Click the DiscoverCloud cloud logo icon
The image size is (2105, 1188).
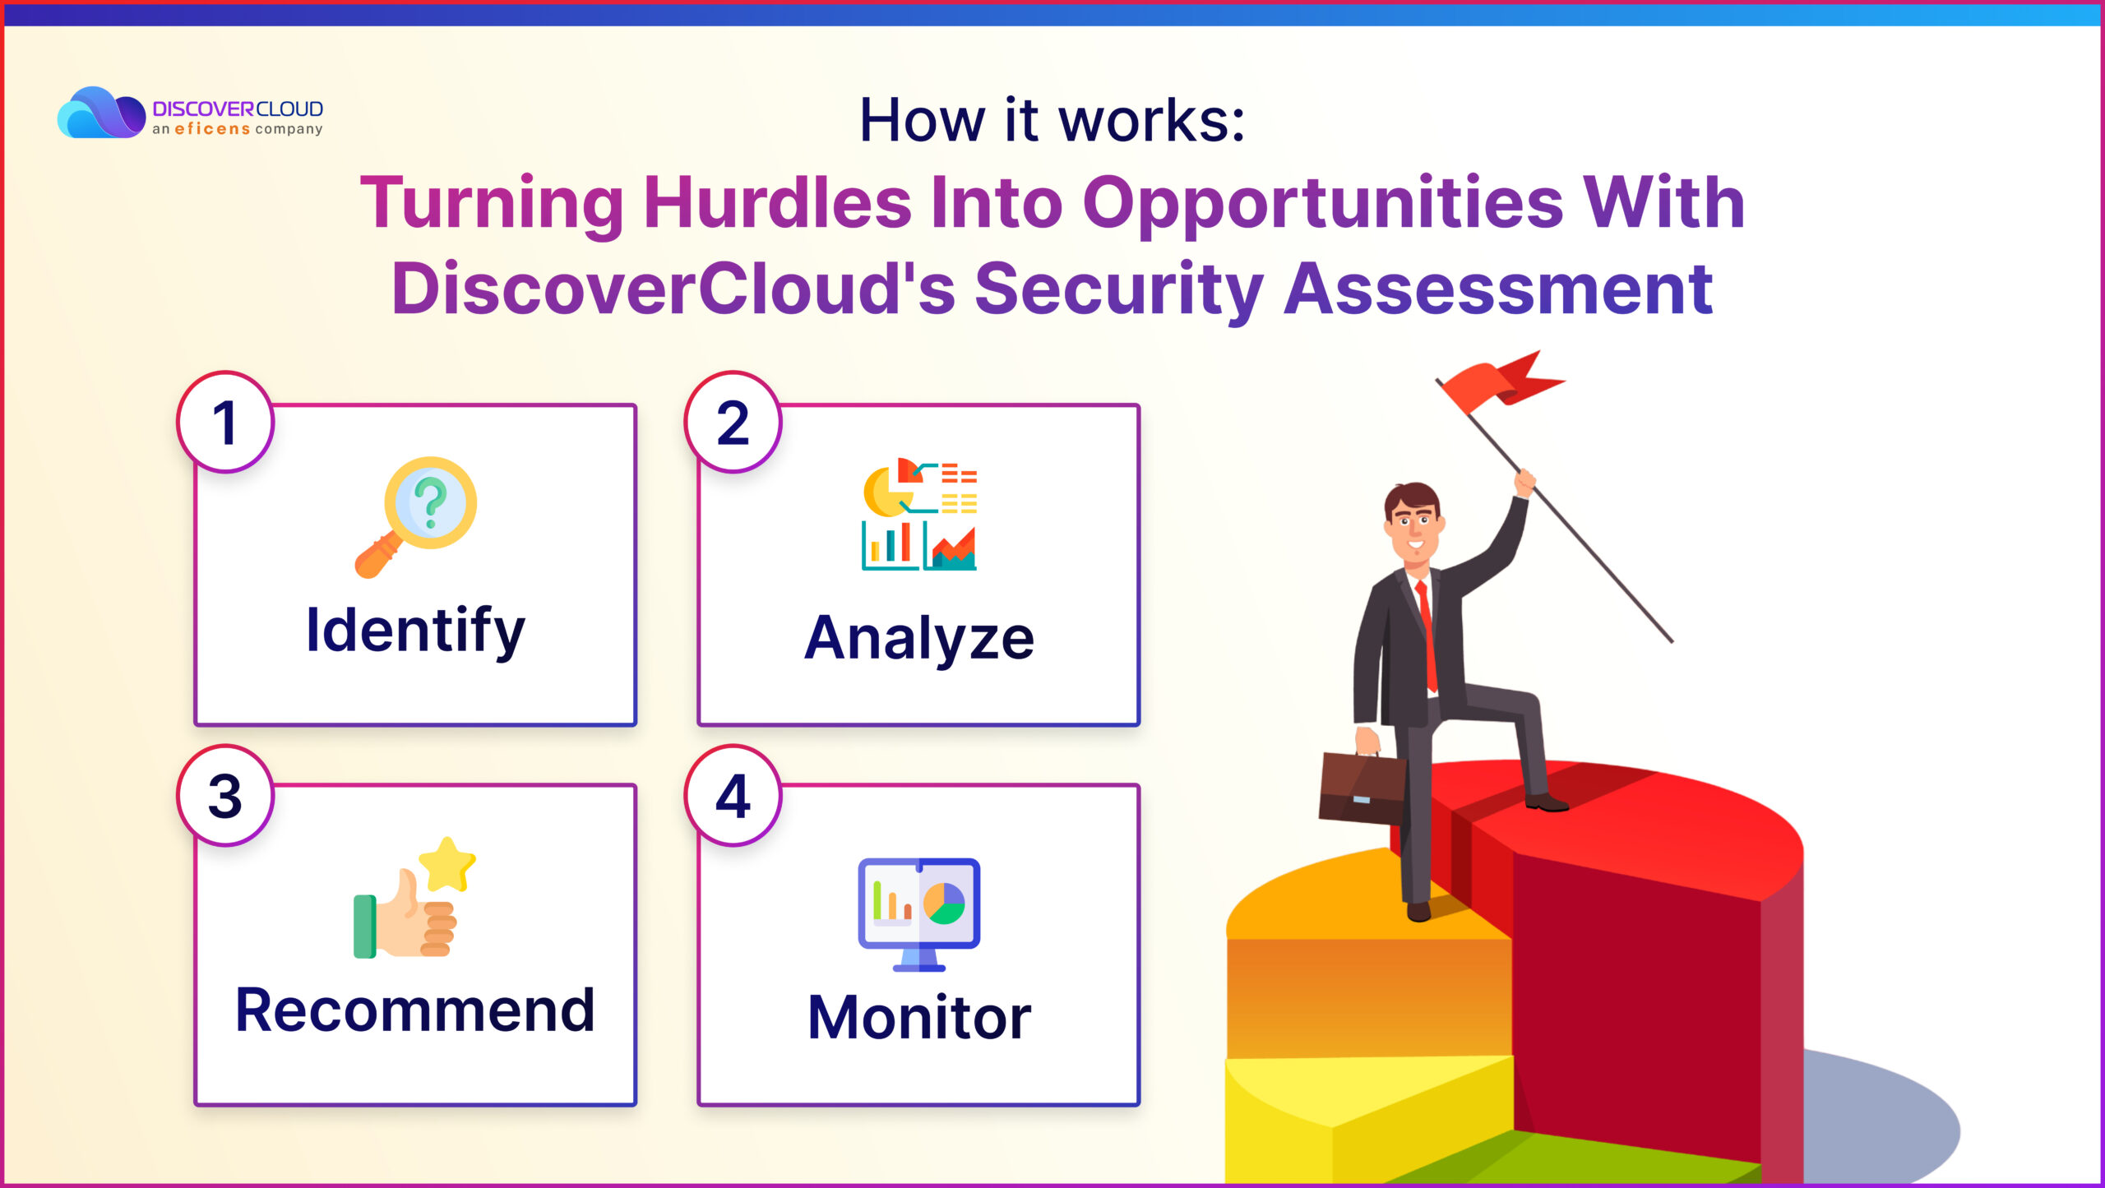(x=101, y=112)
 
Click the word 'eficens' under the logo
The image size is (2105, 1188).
(x=212, y=129)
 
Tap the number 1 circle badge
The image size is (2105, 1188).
(x=225, y=422)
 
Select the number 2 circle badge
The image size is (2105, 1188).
(x=733, y=422)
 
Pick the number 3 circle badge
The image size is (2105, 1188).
(x=225, y=795)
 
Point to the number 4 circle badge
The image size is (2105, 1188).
(x=733, y=795)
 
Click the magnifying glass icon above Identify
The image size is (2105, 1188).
(x=416, y=517)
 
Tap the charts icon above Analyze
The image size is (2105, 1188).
(x=919, y=514)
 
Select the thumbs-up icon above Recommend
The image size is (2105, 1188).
(x=414, y=898)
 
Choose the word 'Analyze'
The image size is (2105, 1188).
(x=919, y=639)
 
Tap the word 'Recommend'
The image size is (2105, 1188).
(x=415, y=1010)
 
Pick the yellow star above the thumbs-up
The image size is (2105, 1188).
(x=447, y=864)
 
